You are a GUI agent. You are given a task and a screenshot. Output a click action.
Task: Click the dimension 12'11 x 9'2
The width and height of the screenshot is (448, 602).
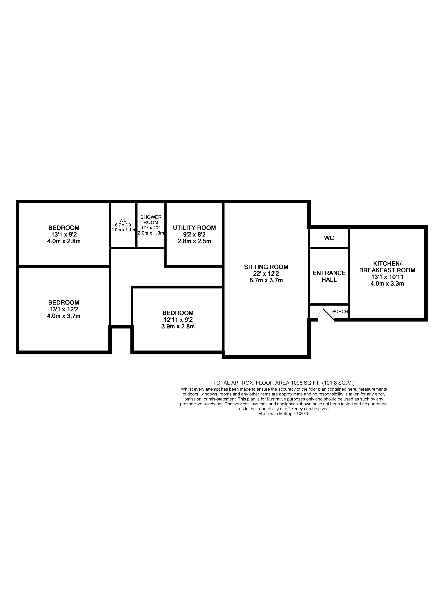[x=178, y=320]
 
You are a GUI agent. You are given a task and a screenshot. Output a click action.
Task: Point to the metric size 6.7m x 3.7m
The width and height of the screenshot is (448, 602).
[x=266, y=280]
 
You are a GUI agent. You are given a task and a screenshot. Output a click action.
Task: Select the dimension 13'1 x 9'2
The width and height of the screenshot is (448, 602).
[x=64, y=234]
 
